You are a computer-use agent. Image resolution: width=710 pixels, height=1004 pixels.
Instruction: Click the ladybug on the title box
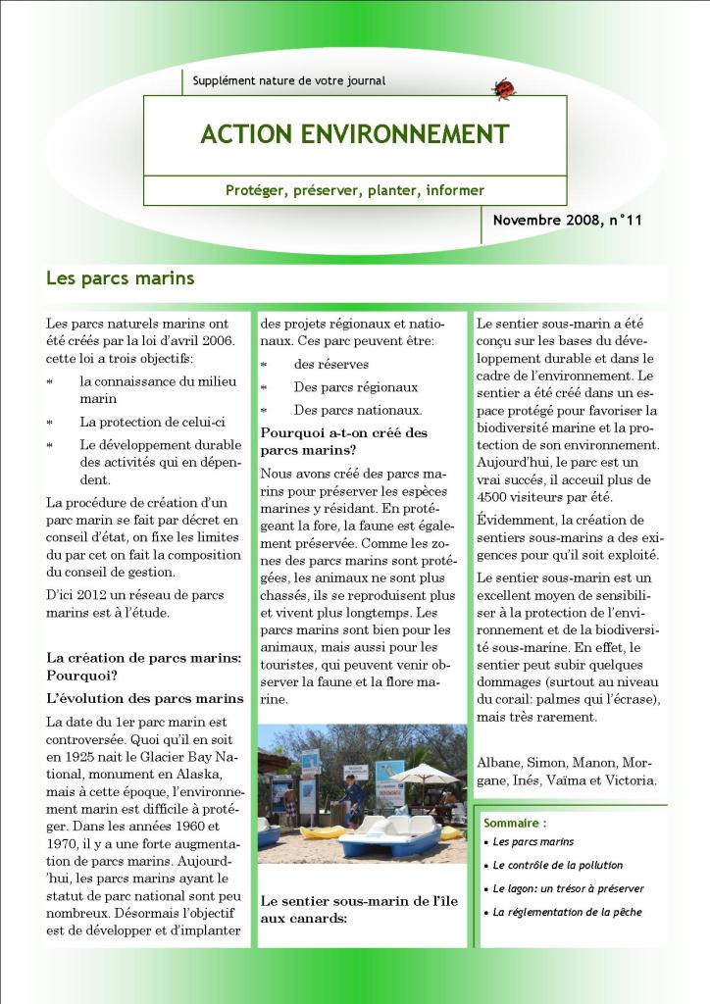click(x=504, y=89)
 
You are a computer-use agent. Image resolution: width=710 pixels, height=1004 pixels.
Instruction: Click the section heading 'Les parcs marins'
click(x=120, y=278)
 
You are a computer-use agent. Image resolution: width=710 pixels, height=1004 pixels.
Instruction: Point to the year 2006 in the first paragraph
click(x=215, y=340)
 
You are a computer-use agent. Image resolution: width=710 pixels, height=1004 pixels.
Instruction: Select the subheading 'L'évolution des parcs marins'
click(x=144, y=698)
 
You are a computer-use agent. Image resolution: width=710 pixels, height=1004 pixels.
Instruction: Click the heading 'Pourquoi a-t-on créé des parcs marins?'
click(x=343, y=441)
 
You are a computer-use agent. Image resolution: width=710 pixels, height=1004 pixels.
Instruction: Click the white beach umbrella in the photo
click(x=424, y=774)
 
